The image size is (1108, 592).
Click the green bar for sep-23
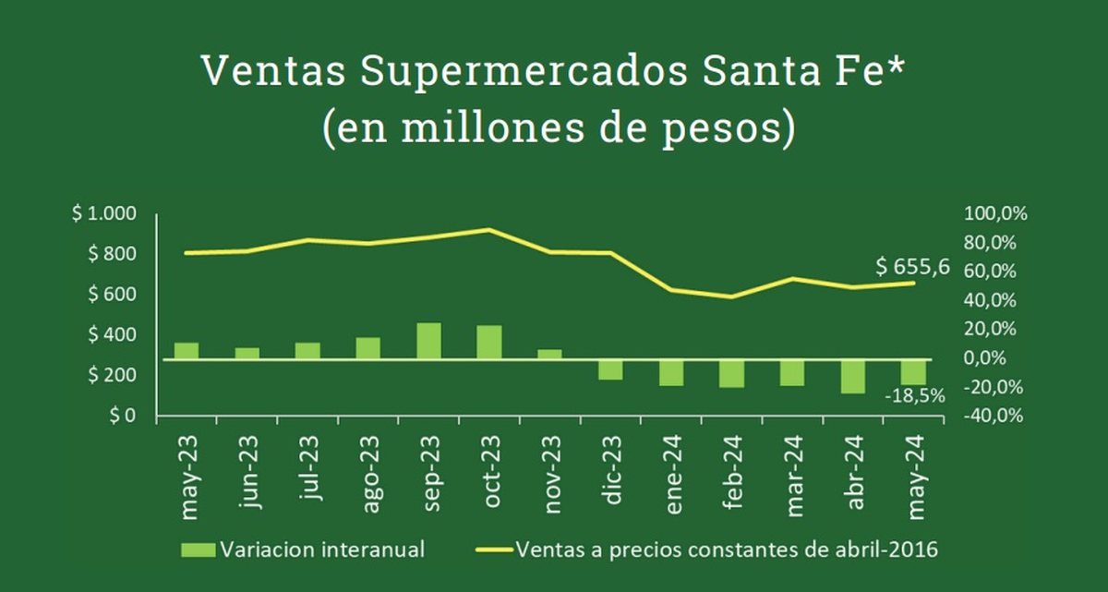[428, 341]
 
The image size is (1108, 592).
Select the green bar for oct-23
[489, 342]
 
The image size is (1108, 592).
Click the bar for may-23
[187, 350]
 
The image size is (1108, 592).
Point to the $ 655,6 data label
[912, 267]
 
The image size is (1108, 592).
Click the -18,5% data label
[914, 395]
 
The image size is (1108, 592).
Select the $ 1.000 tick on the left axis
[104, 214]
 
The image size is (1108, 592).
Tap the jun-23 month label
[247, 477]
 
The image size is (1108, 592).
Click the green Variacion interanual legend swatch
[198, 550]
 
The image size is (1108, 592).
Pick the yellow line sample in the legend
[493, 550]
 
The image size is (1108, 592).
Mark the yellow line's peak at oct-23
[489, 229]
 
